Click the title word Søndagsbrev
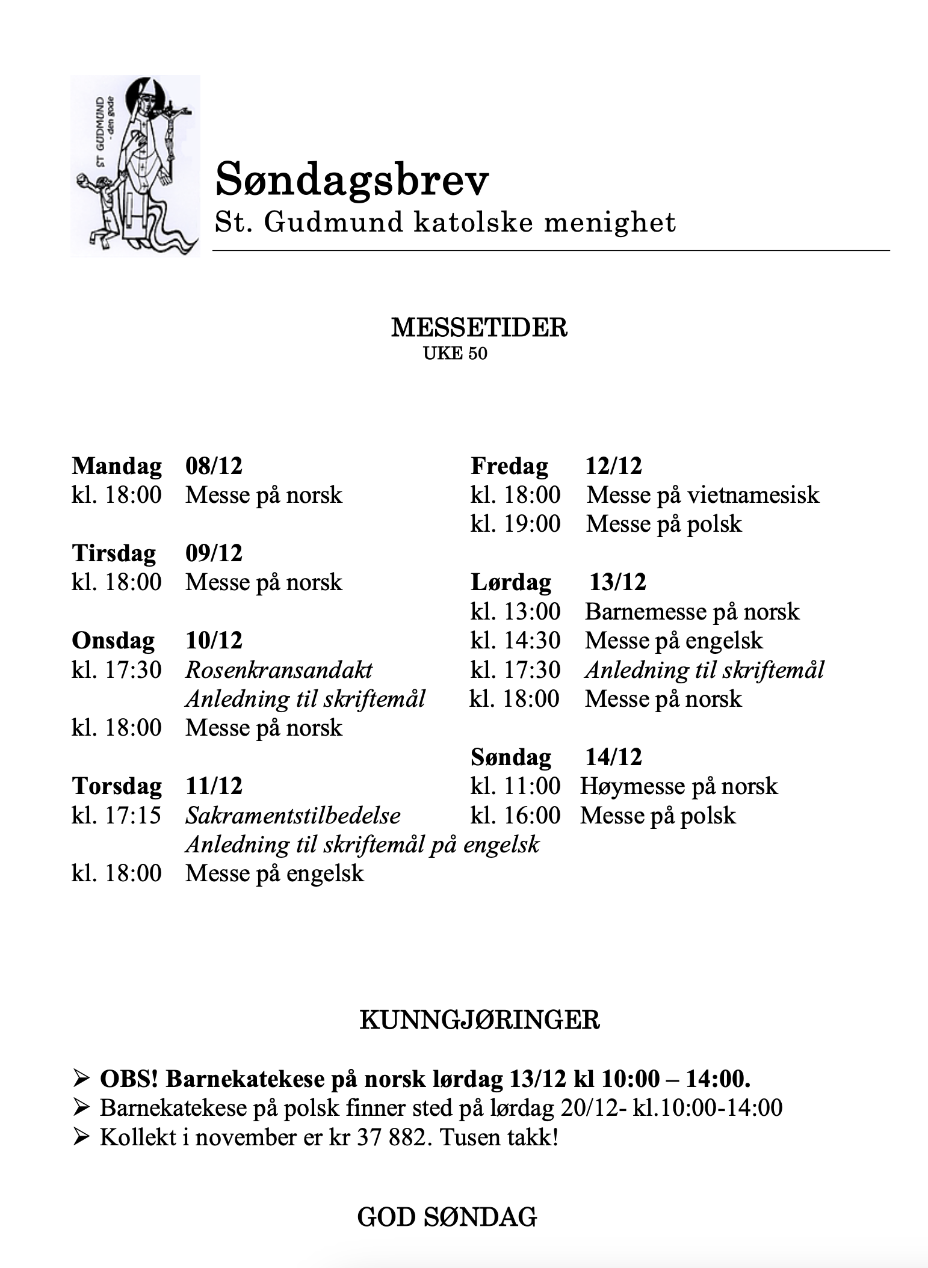[x=352, y=180]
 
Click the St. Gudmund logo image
[x=135, y=166]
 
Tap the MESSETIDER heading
[x=479, y=328]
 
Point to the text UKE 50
[x=455, y=353]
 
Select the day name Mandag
[x=117, y=466]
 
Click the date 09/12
[x=214, y=553]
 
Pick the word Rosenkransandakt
[x=279, y=669]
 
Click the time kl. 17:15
[x=117, y=815]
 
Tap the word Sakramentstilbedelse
[x=292, y=815]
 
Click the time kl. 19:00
[x=515, y=524]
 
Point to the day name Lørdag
[x=510, y=582]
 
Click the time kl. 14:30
[x=515, y=641]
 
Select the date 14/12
[x=613, y=757]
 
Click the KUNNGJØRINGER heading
[x=479, y=1020]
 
